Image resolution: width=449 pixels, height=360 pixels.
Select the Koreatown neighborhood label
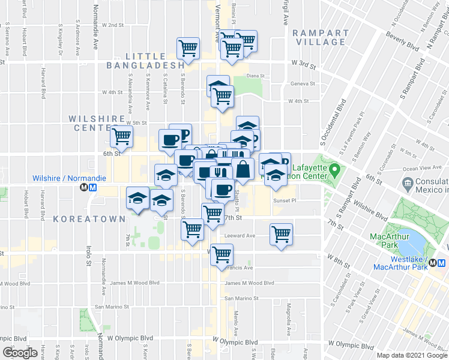click(x=88, y=219)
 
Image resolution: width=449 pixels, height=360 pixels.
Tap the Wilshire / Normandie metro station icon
click(x=89, y=187)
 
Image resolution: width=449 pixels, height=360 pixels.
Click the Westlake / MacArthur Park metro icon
click(x=441, y=263)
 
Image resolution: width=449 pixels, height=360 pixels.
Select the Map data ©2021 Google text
click(x=412, y=355)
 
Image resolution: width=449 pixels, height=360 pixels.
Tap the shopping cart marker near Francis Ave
click(x=221, y=254)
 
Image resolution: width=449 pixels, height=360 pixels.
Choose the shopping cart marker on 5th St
click(x=121, y=136)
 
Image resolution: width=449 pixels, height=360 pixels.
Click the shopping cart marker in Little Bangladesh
click(x=188, y=49)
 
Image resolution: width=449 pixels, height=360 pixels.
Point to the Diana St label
click(x=255, y=76)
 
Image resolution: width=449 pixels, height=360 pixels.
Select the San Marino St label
click(x=241, y=298)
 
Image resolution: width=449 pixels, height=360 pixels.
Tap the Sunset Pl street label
click(x=285, y=201)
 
